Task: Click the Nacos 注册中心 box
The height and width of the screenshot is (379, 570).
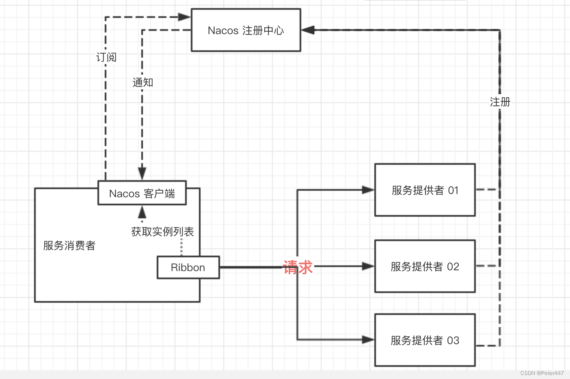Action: coord(246,30)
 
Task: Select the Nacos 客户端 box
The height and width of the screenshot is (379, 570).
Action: coord(142,193)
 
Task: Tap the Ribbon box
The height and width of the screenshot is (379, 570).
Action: coord(188,267)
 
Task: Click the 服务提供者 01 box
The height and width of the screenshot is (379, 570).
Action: coord(425,190)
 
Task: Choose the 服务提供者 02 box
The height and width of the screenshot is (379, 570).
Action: coord(425,266)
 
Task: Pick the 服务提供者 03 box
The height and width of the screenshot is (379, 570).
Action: coord(425,340)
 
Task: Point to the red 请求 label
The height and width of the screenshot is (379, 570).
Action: coord(298,267)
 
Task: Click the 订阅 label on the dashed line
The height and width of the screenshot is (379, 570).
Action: coord(106,57)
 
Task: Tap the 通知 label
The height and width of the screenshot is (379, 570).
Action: coord(142,82)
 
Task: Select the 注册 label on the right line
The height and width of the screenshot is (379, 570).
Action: coord(500,102)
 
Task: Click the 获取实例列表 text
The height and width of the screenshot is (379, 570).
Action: coord(162,232)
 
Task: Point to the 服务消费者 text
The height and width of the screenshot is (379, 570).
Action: coord(69,245)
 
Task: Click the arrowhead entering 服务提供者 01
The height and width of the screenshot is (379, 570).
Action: coord(368,189)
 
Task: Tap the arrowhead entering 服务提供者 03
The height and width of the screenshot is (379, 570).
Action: coord(368,340)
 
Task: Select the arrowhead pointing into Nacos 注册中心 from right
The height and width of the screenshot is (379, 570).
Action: coord(308,30)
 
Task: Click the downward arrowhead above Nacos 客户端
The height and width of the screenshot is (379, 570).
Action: coord(142,173)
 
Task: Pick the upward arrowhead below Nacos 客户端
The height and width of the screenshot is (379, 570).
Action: coord(142,212)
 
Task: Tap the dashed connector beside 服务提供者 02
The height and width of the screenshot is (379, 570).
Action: coord(486,266)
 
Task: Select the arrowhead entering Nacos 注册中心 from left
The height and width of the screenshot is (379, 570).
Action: coord(184,17)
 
